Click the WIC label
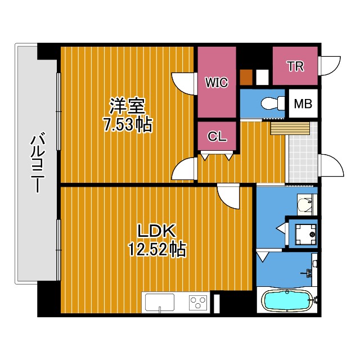click(x=217, y=83)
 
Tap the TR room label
click(x=296, y=66)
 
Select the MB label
click(x=303, y=103)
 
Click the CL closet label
click(x=217, y=137)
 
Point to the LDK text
click(x=156, y=231)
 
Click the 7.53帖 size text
click(x=128, y=125)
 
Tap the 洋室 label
click(x=128, y=106)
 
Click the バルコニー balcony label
click(x=38, y=163)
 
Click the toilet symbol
click(x=273, y=103)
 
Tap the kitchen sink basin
click(x=159, y=301)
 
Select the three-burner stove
click(x=197, y=303)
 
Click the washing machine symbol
click(x=305, y=235)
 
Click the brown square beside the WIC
click(x=246, y=77)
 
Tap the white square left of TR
click(x=262, y=77)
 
